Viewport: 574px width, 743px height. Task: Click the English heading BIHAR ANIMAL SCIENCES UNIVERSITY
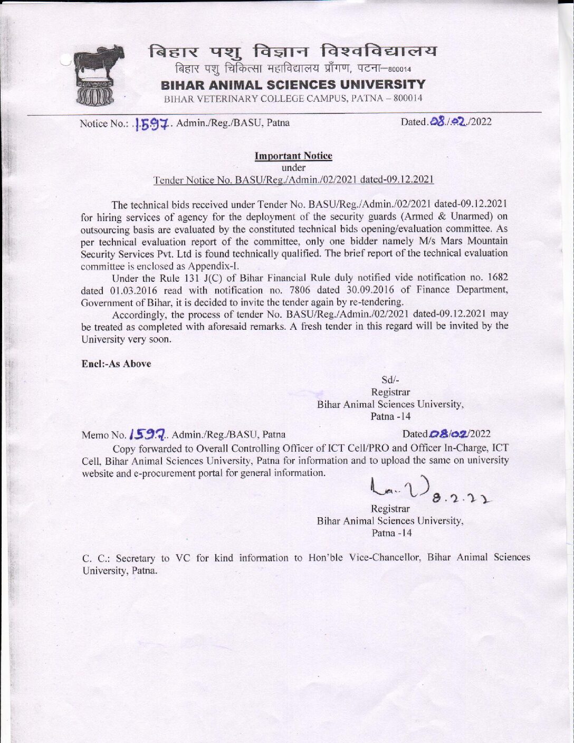click(x=293, y=85)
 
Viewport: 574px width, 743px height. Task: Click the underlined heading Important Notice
click(x=293, y=156)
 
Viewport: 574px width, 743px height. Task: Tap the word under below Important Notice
click(x=293, y=168)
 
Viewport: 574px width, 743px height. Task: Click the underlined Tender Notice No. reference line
click(x=293, y=180)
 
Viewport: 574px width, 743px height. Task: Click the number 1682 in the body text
click(x=498, y=278)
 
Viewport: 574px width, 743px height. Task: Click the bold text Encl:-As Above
click(x=117, y=364)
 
